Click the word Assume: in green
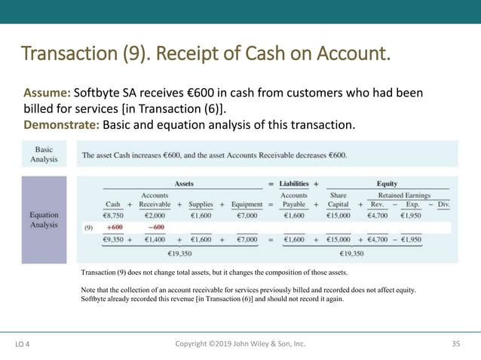tap(47, 93)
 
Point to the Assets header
tap(184, 183)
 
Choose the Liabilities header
tap(295, 183)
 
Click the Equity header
tap(387, 183)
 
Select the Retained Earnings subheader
tap(404, 194)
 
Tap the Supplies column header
tap(201, 204)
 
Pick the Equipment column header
tap(247, 204)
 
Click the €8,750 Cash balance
tap(113, 215)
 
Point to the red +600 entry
tap(115, 227)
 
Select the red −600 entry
tap(155, 227)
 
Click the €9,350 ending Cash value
tap(113, 239)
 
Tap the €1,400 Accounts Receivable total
tap(155, 239)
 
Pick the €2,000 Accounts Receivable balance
tap(155, 215)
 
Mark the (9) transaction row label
tap(88, 227)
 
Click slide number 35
tap(455, 344)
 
